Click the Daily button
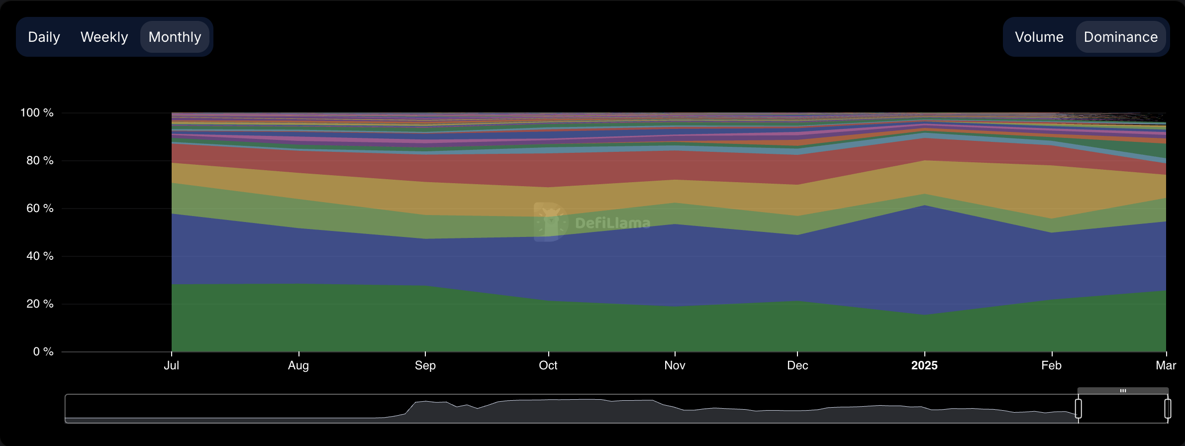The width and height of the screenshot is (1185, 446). [x=44, y=37]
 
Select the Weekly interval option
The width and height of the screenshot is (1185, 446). [x=104, y=37]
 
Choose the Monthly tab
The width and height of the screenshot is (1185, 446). [x=175, y=37]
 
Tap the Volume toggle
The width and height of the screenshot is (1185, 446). [x=1039, y=37]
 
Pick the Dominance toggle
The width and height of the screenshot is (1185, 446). [x=1120, y=37]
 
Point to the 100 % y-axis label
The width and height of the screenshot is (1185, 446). [x=37, y=113]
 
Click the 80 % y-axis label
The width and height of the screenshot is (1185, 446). [x=40, y=161]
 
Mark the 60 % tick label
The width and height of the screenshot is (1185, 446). [x=40, y=209]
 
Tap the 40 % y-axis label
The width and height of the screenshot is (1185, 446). [x=40, y=256]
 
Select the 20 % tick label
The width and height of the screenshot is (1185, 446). [x=40, y=304]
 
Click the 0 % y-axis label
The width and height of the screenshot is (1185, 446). [x=43, y=352]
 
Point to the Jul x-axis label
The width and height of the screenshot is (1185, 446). [x=172, y=366]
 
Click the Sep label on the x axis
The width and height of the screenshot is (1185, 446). [x=425, y=366]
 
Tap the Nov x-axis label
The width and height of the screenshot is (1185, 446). [x=675, y=366]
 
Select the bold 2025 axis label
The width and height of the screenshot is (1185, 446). [x=924, y=366]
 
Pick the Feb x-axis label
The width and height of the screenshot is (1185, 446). [x=1051, y=366]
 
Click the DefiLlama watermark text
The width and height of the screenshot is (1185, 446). [x=612, y=223]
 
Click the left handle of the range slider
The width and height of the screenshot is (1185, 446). [x=1078, y=409]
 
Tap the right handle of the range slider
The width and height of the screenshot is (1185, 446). [x=1168, y=409]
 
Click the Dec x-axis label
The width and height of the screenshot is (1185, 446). [x=797, y=366]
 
